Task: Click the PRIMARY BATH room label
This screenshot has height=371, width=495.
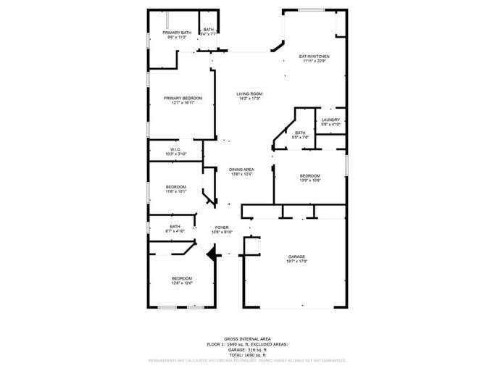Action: (x=176, y=33)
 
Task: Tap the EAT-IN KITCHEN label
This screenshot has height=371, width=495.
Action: (x=315, y=56)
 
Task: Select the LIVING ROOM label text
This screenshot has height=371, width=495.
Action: (x=249, y=93)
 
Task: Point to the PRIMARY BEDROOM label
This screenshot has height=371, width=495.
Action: (x=183, y=98)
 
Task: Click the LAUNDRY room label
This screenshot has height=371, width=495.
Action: (x=330, y=120)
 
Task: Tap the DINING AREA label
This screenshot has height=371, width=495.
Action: (x=241, y=170)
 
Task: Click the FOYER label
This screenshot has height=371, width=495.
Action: (x=222, y=228)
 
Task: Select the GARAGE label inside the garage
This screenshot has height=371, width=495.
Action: (x=296, y=257)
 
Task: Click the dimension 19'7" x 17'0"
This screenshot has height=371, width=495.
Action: (x=296, y=262)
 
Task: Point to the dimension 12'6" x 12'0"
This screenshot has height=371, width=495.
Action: (x=182, y=283)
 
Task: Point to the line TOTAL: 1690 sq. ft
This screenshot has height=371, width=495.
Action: (x=247, y=355)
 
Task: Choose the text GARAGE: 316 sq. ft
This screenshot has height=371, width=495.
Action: (x=247, y=350)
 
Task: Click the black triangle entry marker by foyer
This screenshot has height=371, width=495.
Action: (x=211, y=254)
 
